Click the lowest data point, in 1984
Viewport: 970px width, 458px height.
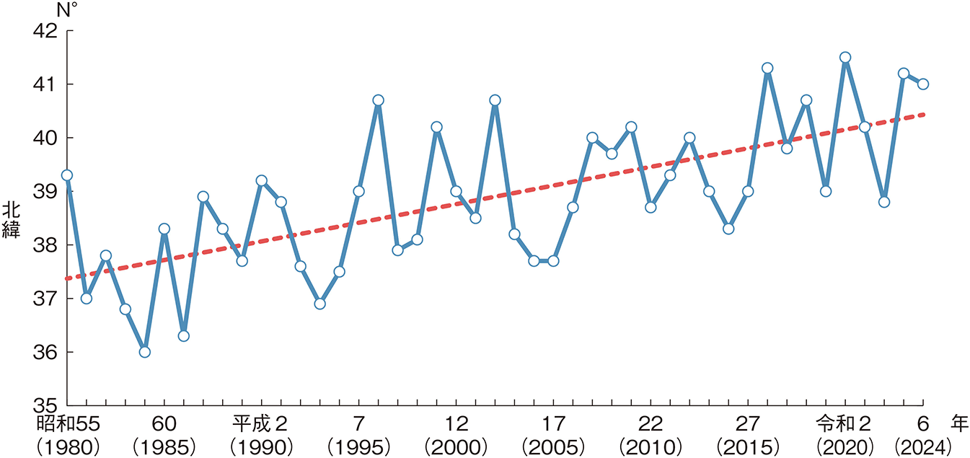[x=144, y=352]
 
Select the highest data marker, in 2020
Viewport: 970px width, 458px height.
[x=845, y=57]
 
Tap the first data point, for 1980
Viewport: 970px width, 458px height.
[x=67, y=175]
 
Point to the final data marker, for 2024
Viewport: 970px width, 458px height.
[x=922, y=84]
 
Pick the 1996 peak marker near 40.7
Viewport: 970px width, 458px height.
[x=378, y=100]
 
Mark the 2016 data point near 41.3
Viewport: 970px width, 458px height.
[x=767, y=68]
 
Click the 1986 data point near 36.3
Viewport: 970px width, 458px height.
[x=183, y=336]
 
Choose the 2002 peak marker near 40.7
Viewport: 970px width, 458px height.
[x=495, y=100]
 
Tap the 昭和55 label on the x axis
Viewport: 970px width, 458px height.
[x=66, y=422]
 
